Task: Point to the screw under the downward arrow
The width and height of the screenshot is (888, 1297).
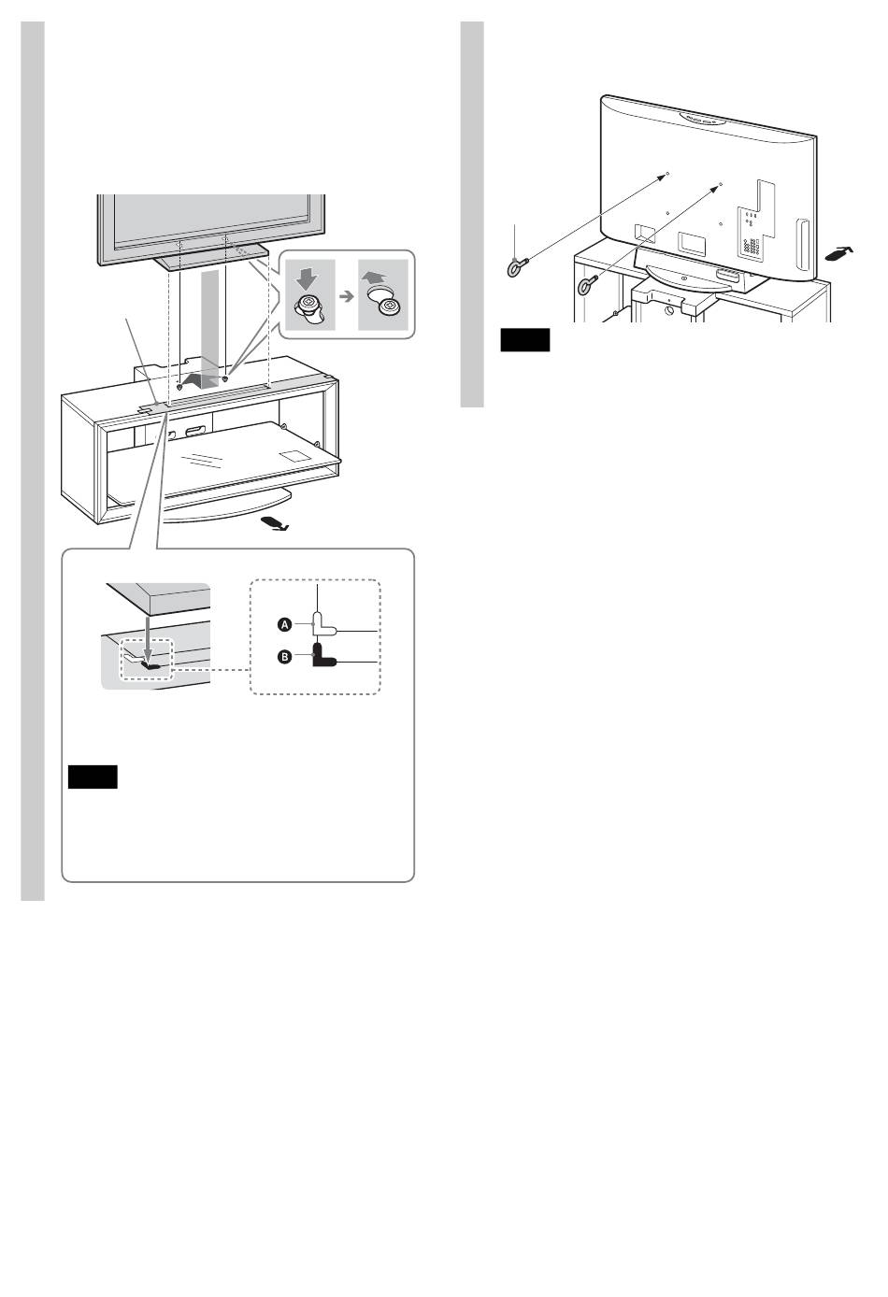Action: click(x=309, y=307)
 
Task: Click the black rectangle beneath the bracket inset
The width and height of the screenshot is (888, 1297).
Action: click(x=93, y=777)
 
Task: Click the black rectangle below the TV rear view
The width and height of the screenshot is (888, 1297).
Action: click(x=523, y=339)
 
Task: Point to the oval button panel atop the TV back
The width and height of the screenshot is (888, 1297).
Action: click(x=704, y=120)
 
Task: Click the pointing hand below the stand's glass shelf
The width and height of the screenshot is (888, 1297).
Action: click(x=276, y=523)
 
